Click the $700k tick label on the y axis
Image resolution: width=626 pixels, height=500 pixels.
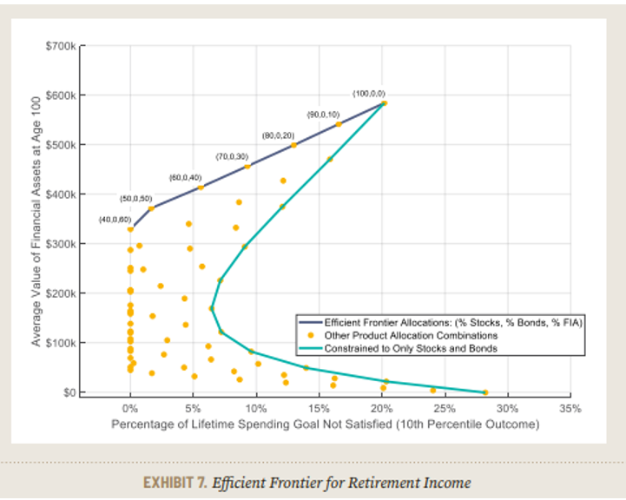tap(63, 44)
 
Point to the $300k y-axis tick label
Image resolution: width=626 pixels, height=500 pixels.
tap(63, 244)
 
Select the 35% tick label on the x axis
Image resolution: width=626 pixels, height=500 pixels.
tap(570, 408)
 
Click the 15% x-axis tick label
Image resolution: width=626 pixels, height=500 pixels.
tap(319, 408)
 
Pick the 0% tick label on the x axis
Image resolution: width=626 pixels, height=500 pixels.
tap(130, 408)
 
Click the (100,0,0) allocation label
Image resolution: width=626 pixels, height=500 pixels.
tap(368, 92)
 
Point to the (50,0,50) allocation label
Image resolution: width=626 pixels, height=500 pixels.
tap(136, 199)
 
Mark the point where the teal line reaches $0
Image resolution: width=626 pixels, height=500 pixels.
tap(485, 392)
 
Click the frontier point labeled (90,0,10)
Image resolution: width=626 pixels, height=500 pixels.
tap(338, 125)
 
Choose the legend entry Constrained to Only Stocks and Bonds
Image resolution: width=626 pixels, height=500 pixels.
tap(412, 348)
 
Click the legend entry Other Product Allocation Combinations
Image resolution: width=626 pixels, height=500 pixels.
tap(411, 335)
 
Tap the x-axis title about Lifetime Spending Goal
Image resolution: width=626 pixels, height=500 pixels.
tap(325, 425)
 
